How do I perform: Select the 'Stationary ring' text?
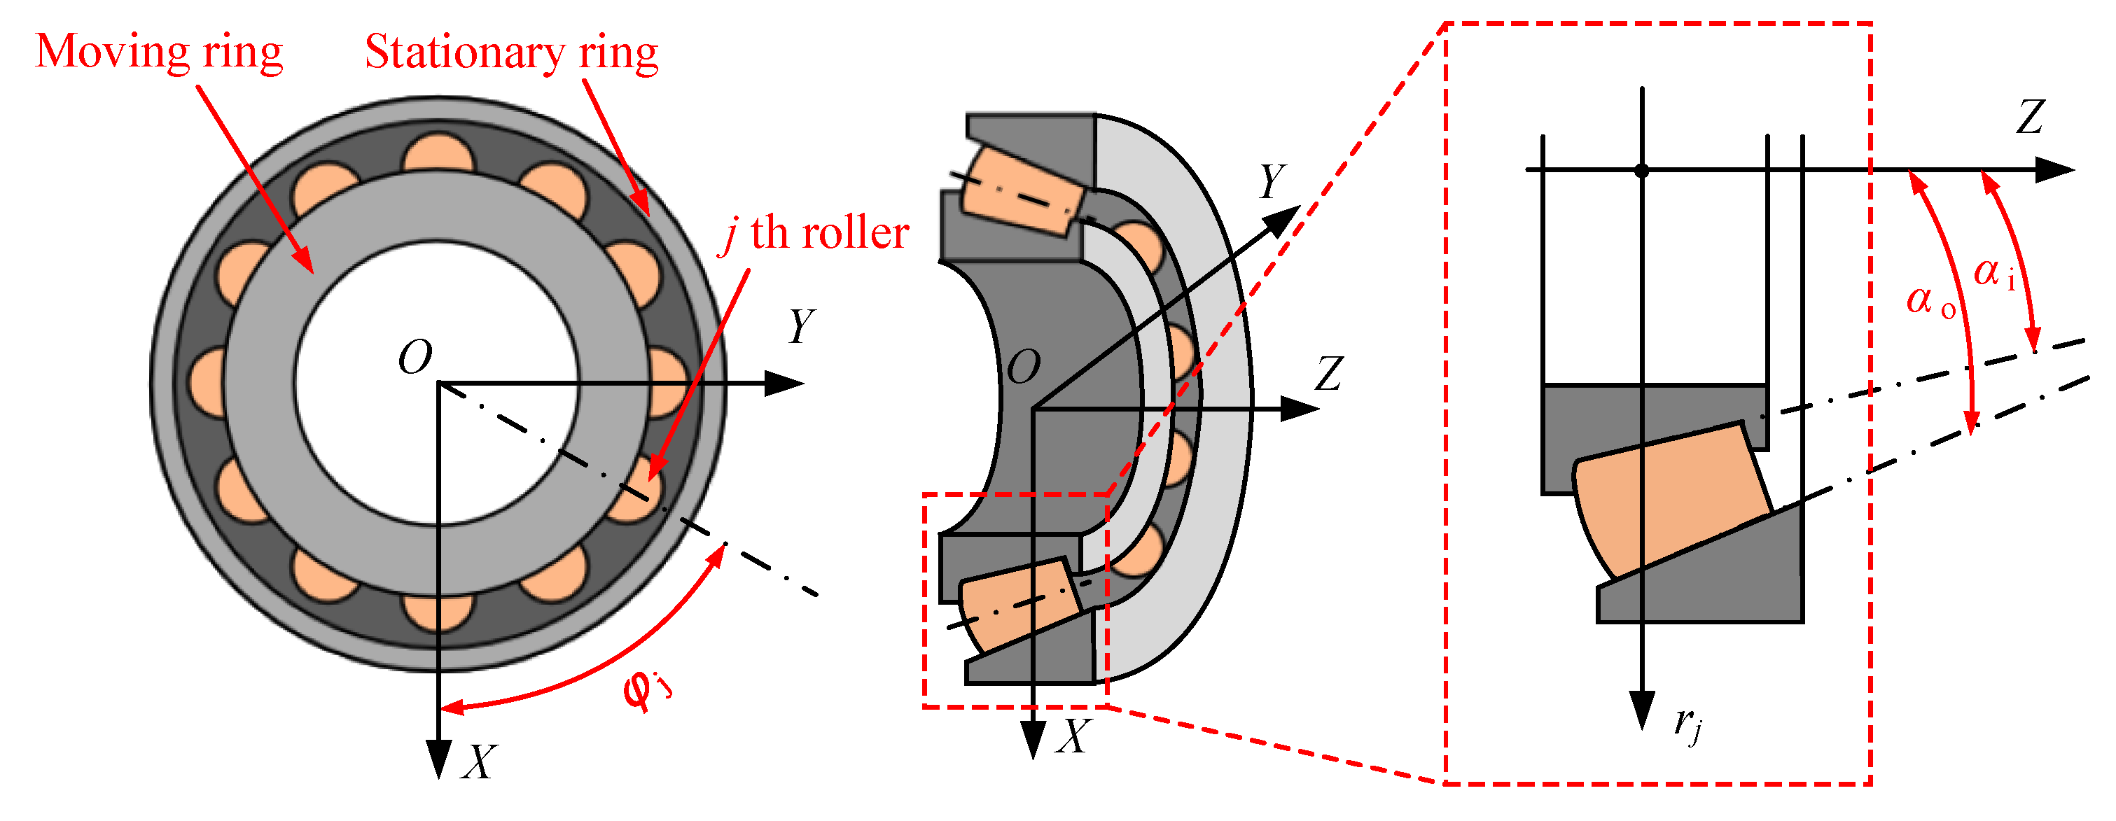(x=511, y=52)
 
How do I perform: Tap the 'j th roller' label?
(x=813, y=234)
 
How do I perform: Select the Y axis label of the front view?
(x=801, y=326)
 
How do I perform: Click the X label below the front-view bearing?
(x=479, y=762)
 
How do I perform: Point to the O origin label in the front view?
(x=415, y=358)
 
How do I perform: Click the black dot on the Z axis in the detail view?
(x=1641, y=171)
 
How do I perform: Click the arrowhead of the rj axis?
(x=1641, y=710)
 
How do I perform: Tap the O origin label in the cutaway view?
(x=1024, y=367)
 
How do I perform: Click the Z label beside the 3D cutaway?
(x=1328, y=374)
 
